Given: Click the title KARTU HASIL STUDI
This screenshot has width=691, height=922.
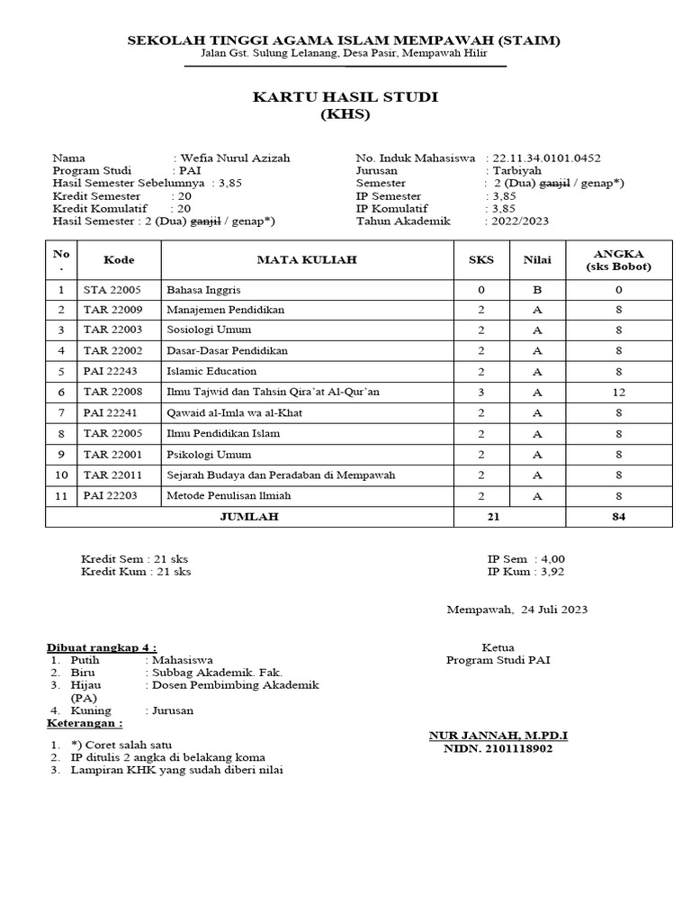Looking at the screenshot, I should point(345,97).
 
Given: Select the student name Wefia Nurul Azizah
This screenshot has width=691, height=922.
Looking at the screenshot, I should point(235,158).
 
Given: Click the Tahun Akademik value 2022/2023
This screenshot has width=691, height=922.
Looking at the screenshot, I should point(519,221).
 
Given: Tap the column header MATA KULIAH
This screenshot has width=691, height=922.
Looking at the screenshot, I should point(307,260).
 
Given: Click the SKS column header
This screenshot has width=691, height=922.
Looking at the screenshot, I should point(481,260).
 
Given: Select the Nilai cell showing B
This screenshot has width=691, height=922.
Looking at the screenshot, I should point(538,290).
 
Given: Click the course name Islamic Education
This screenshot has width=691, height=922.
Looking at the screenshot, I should point(211,371).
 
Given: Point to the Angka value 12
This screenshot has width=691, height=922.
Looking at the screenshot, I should point(619,392).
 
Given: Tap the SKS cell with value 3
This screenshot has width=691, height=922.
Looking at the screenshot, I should point(481,392).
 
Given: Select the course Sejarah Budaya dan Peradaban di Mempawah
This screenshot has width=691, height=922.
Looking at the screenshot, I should point(281,475).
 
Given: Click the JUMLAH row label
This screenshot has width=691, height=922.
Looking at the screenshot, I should point(249,517).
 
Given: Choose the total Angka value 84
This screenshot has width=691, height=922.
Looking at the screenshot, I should point(619,517).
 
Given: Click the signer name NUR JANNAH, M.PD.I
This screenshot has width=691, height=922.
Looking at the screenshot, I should point(498,736).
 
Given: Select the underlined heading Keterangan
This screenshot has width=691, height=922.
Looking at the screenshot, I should point(85,723).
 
